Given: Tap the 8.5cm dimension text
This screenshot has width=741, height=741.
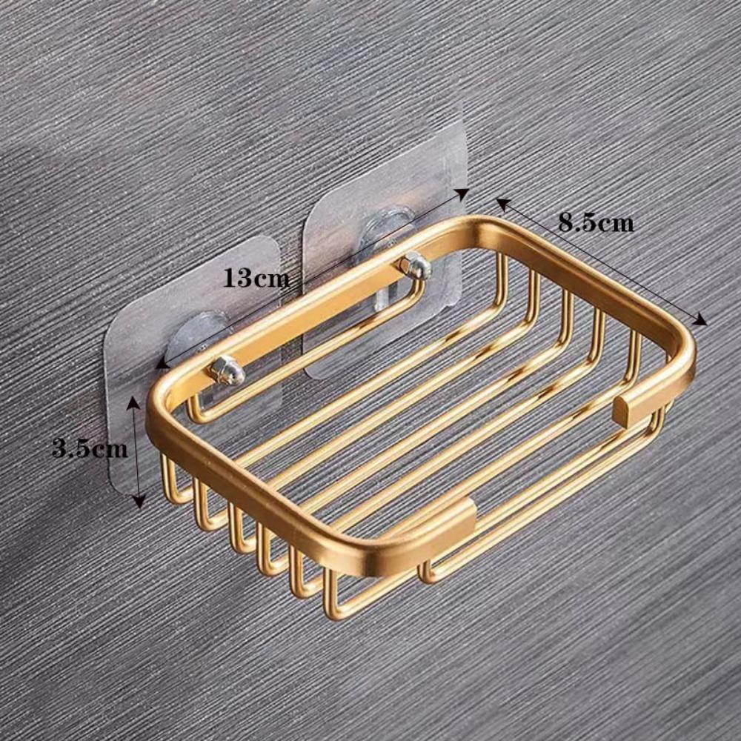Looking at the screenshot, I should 596,222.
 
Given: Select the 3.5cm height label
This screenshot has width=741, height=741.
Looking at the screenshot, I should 90,449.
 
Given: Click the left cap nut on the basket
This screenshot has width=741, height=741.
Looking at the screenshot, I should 227,370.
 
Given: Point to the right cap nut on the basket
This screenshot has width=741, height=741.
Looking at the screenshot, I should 414,265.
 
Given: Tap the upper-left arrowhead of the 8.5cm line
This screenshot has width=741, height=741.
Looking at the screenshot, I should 502,202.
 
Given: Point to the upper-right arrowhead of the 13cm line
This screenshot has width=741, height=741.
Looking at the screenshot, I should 464,193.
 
